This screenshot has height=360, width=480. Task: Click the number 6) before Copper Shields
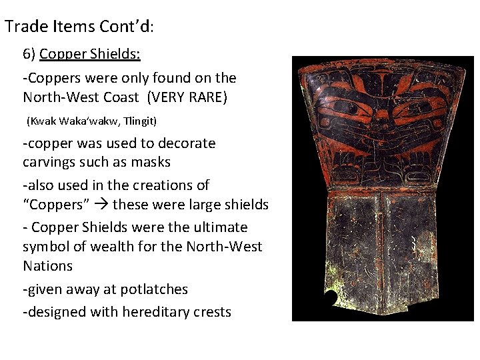point(29,54)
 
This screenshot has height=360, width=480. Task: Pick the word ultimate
point(219,227)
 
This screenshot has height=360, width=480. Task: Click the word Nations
point(47,265)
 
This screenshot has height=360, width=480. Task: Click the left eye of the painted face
point(344,107)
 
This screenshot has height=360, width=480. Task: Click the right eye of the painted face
point(419,107)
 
